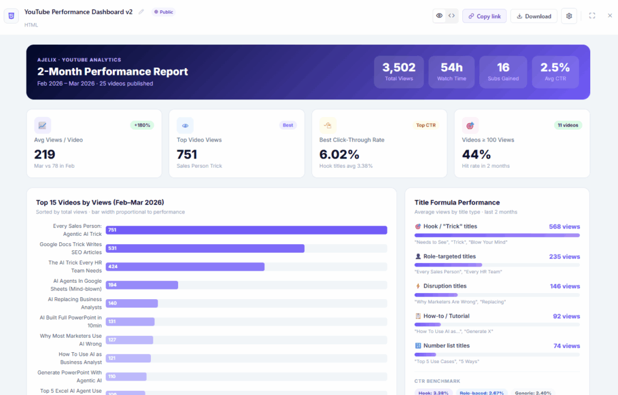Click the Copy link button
(x=484, y=16)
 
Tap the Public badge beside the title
(x=163, y=12)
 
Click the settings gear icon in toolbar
(x=569, y=16)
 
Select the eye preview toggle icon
(x=439, y=16)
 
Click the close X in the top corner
(x=610, y=16)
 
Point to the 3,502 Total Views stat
(x=399, y=72)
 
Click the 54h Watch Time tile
(x=451, y=72)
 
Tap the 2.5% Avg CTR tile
(x=555, y=72)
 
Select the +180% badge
(x=142, y=125)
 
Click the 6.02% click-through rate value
(x=339, y=154)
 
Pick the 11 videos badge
(x=568, y=125)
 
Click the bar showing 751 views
(x=246, y=230)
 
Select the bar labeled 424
(x=185, y=267)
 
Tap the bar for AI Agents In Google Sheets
(x=142, y=285)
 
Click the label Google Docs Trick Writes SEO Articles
(x=71, y=248)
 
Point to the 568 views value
(x=564, y=227)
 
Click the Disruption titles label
(x=445, y=286)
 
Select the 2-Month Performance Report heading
(x=113, y=72)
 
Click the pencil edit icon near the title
(x=141, y=12)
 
